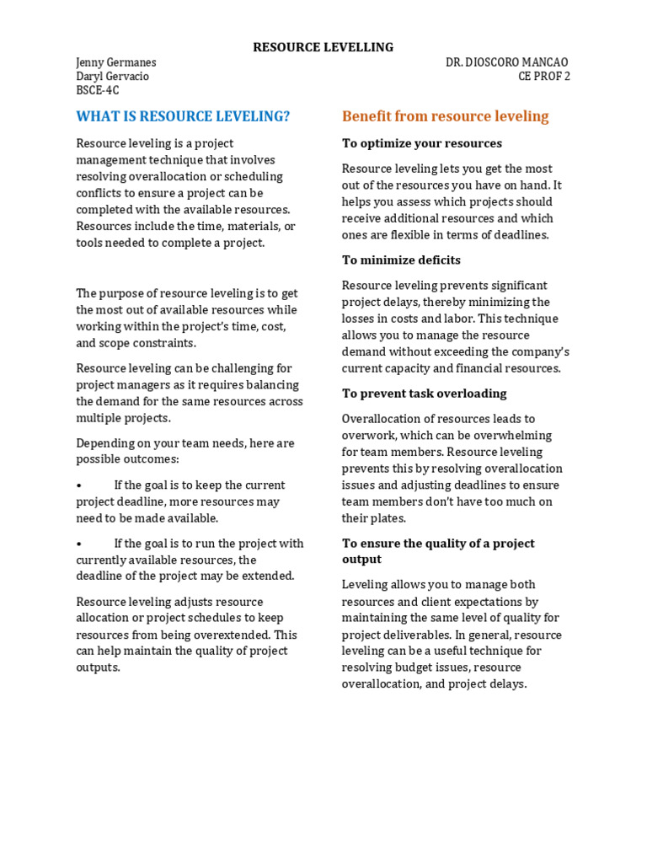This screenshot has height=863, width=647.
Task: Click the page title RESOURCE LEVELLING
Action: (323, 47)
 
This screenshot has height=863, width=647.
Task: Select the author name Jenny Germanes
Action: (115, 62)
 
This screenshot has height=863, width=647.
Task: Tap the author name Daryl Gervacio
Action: (112, 77)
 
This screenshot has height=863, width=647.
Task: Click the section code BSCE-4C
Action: (98, 91)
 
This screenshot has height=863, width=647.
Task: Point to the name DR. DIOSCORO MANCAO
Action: (506, 62)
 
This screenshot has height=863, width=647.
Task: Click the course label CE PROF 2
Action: (543, 77)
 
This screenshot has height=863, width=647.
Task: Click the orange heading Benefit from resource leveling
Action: (445, 116)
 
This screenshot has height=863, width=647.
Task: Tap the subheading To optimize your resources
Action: (421, 143)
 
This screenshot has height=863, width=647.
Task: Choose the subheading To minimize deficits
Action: (401, 260)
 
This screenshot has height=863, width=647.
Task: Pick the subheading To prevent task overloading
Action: (424, 394)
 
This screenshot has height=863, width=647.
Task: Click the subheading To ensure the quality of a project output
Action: (437, 551)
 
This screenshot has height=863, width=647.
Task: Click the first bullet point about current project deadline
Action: (79, 485)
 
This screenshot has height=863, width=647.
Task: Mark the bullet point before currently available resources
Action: (79, 544)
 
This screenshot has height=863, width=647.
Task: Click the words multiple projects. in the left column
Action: (123, 418)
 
